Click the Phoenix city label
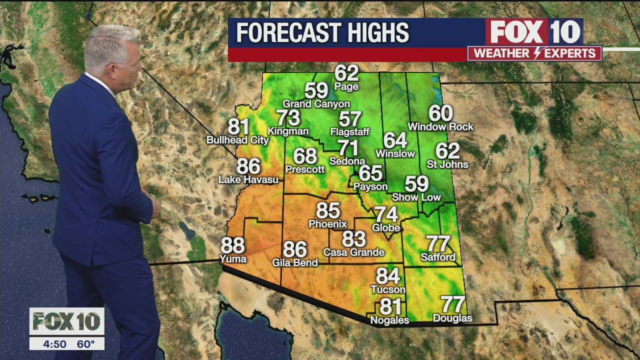point(327,224)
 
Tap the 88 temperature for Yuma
point(232,245)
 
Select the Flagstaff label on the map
point(350,132)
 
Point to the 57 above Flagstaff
point(350,119)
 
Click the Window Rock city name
point(440,127)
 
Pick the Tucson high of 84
point(388,276)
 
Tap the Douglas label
point(452,318)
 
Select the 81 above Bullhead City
point(238,126)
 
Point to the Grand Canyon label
point(316,104)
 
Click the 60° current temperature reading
point(85,344)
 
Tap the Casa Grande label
point(353,252)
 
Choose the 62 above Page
point(346,73)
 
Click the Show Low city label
point(416,197)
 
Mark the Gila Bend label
point(295,262)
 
